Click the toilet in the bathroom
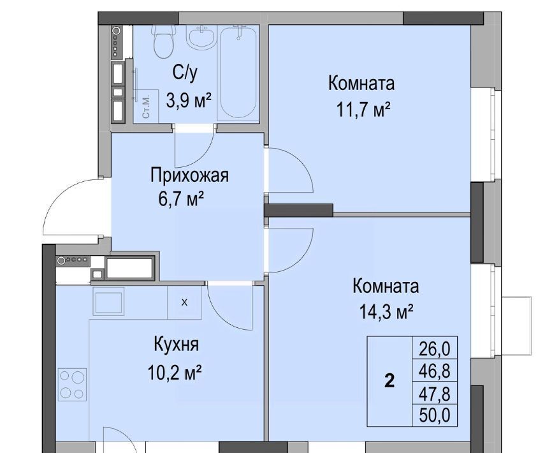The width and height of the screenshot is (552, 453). coord(163,41)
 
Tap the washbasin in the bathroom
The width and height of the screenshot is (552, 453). coord(201,36)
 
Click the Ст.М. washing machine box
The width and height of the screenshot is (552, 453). coord(147,105)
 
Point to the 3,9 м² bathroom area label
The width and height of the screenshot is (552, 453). coord(189,101)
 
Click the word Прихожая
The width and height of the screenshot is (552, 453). coord(189,175)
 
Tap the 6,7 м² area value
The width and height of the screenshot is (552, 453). coord(181,199)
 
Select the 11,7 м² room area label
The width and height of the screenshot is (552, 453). coord(364,109)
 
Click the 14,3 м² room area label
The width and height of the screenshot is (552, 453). coord(386,311)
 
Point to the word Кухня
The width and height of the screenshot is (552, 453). coord(176,344)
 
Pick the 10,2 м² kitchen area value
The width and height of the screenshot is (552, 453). coord(175,373)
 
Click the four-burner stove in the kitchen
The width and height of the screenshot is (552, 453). coord(73,385)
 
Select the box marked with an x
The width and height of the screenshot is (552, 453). coord(184,302)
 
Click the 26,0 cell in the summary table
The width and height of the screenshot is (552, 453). coord(435,349)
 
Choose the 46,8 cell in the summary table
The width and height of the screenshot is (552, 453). coord(435,371)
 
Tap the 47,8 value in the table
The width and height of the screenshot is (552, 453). coord(435,394)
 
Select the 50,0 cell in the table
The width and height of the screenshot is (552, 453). coord(435,415)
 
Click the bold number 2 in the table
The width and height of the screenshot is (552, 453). coord(389,381)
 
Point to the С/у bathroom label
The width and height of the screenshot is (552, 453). coord(185,73)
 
